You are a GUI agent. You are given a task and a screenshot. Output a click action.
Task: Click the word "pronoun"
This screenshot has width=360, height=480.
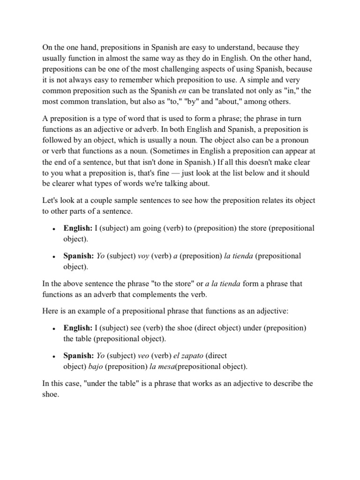pos(300,140)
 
